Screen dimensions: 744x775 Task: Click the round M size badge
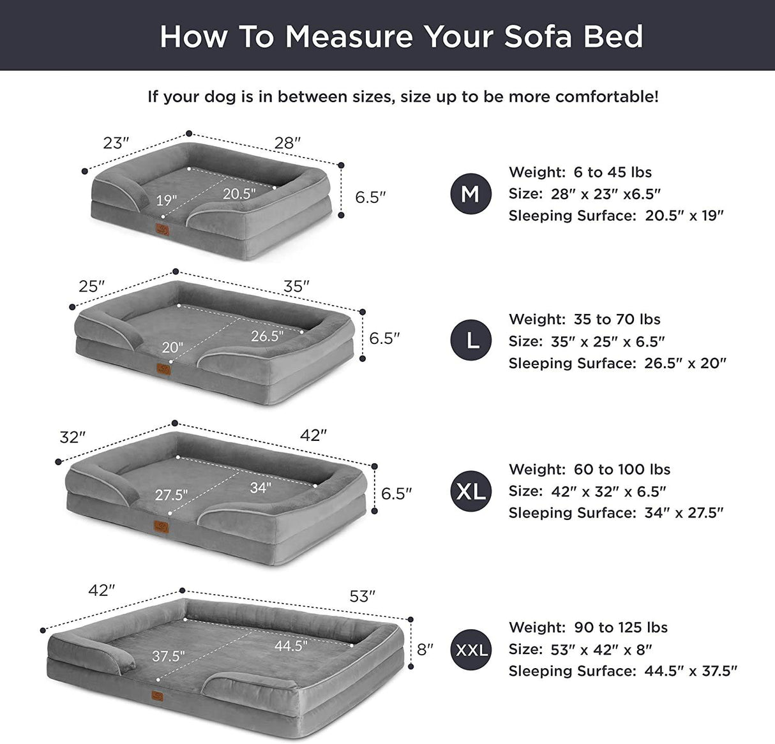(x=470, y=193)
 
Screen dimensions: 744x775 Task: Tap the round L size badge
(x=471, y=341)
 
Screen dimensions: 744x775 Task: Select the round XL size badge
(x=471, y=491)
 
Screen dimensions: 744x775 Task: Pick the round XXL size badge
(x=471, y=650)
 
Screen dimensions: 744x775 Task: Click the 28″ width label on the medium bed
(x=287, y=143)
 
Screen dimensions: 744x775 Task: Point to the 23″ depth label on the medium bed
(x=116, y=143)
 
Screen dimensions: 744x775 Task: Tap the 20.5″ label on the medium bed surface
(x=239, y=193)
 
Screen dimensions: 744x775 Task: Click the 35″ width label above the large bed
(x=296, y=286)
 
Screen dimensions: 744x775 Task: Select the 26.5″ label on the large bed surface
(x=267, y=336)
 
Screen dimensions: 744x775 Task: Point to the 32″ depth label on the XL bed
(x=72, y=437)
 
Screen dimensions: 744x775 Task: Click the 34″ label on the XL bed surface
(x=260, y=488)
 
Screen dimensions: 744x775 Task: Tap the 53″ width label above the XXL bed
(x=362, y=596)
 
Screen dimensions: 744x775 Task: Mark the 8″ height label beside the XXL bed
(x=425, y=650)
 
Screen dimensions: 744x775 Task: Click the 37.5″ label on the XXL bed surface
(x=169, y=656)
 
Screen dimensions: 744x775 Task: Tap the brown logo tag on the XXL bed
(x=157, y=697)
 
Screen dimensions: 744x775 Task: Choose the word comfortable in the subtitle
(x=606, y=97)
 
